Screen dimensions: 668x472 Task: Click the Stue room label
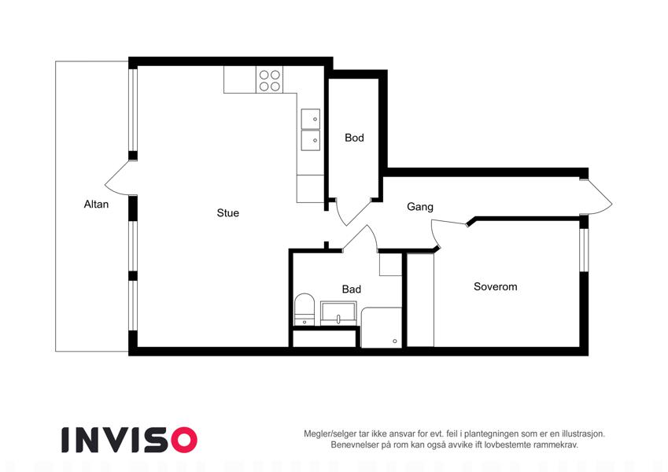[x=227, y=212]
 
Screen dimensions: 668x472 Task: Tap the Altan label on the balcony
[x=96, y=204]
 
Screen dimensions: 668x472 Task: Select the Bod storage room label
[x=354, y=138]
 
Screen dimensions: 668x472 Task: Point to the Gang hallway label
[x=419, y=207]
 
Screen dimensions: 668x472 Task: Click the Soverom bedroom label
[x=495, y=286]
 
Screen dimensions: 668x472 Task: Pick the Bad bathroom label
[x=351, y=289]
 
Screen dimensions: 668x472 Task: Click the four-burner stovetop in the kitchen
[x=269, y=80]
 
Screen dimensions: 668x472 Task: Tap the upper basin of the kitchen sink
[x=310, y=119]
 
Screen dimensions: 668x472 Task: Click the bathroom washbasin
[x=338, y=314]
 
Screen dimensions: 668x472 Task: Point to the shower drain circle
[x=395, y=341]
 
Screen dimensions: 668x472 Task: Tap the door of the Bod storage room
[x=353, y=212]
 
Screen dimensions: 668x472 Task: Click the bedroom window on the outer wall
[x=584, y=249]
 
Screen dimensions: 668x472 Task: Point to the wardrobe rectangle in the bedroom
[x=420, y=300]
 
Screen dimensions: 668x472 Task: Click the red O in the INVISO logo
[x=183, y=441]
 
